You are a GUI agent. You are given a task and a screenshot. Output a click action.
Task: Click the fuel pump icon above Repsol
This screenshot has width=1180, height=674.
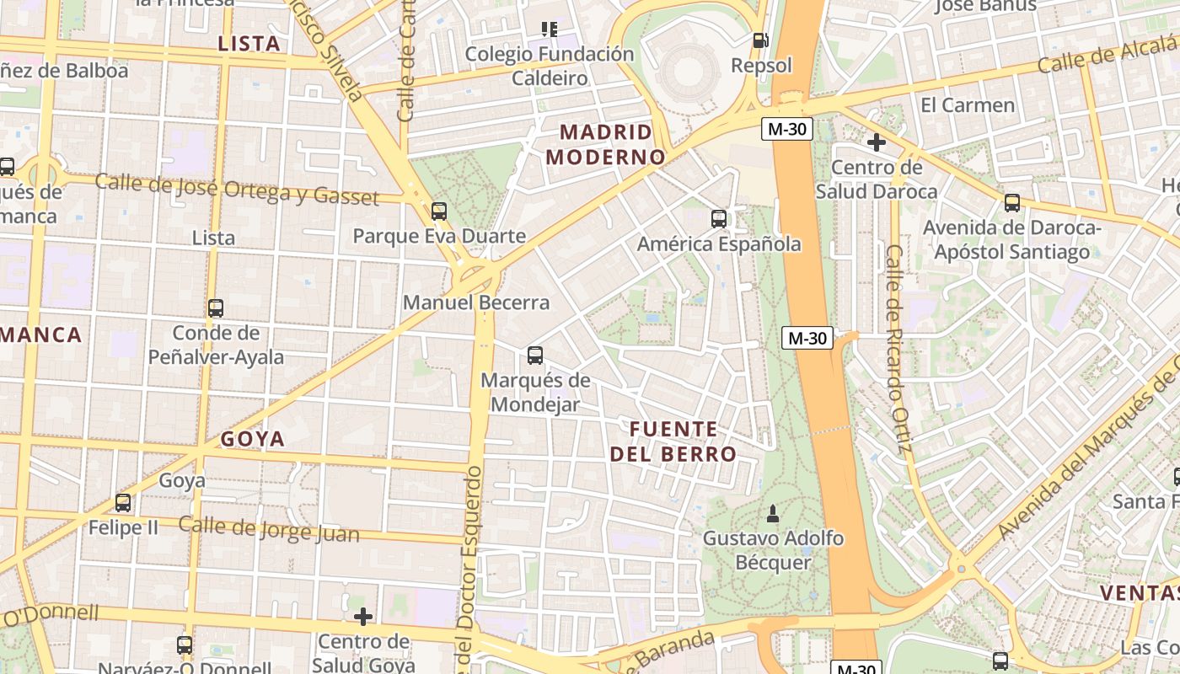[x=760, y=40]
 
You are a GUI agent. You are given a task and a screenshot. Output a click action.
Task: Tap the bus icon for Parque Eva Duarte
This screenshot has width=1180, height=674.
[x=438, y=211]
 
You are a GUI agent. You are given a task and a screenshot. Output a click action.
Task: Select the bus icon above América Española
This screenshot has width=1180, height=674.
[x=719, y=219]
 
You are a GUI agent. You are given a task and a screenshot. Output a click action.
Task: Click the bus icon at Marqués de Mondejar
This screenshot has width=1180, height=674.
[x=535, y=356]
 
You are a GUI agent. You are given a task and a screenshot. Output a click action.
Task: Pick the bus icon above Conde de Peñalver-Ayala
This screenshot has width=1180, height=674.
[x=216, y=308]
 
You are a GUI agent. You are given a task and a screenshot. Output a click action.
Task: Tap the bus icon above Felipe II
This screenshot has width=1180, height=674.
[x=123, y=503]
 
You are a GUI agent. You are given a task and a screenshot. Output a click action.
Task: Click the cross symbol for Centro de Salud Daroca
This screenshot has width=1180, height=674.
[x=877, y=142]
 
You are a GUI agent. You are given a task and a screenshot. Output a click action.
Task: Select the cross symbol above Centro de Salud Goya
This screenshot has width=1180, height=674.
[x=363, y=617]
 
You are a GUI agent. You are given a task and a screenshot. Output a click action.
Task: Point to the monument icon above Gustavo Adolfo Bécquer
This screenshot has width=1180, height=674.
[x=773, y=512]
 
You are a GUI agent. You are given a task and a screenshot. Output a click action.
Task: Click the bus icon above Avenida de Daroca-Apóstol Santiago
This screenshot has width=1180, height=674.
[x=1012, y=203]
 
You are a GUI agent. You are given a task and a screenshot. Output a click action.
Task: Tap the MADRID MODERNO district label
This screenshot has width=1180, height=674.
[x=605, y=144]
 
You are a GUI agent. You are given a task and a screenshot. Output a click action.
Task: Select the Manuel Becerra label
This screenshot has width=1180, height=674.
[x=476, y=302]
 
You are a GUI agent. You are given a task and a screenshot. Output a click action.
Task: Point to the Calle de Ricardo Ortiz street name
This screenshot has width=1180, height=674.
[x=898, y=348]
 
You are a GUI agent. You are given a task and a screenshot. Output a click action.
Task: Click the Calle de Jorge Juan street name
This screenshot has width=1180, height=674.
[x=269, y=529]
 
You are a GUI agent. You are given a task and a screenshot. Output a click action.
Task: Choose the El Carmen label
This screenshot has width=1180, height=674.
[x=968, y=105]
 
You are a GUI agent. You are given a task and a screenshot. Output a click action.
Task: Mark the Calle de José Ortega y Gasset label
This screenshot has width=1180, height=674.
[x=237, y=188]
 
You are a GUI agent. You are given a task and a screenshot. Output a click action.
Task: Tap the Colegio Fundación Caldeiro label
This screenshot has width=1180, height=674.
[x=550, y=66]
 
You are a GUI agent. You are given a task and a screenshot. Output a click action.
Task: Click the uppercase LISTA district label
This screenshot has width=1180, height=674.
[x=249, y=44]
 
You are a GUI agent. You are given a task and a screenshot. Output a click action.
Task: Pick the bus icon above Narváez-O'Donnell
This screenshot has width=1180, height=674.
[x=185, y=645]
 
